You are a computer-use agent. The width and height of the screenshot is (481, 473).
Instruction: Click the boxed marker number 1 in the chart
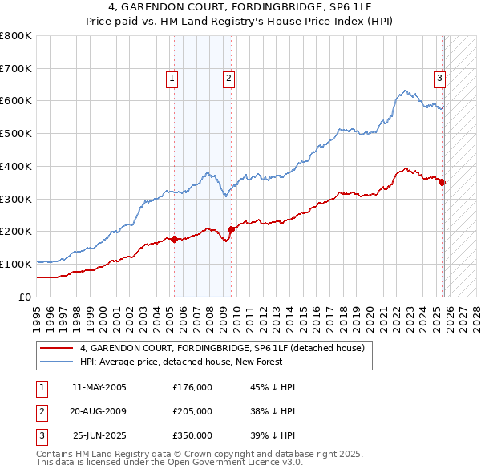pos(172,79)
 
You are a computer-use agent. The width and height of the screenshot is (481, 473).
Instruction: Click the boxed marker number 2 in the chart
pos(228,79)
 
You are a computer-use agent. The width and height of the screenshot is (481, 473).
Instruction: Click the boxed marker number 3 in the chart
pos(440,79)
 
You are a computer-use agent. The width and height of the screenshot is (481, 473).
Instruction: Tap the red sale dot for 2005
pos(174,239)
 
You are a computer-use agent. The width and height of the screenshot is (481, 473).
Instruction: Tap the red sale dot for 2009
pos(231,229)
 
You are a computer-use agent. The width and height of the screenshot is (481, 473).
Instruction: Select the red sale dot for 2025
pos(442,182)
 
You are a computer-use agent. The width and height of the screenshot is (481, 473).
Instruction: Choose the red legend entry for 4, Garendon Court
pos(222,348)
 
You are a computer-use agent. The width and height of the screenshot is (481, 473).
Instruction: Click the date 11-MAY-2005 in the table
pos(99,387)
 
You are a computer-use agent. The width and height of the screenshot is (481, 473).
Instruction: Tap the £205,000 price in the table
pos(192,411)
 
